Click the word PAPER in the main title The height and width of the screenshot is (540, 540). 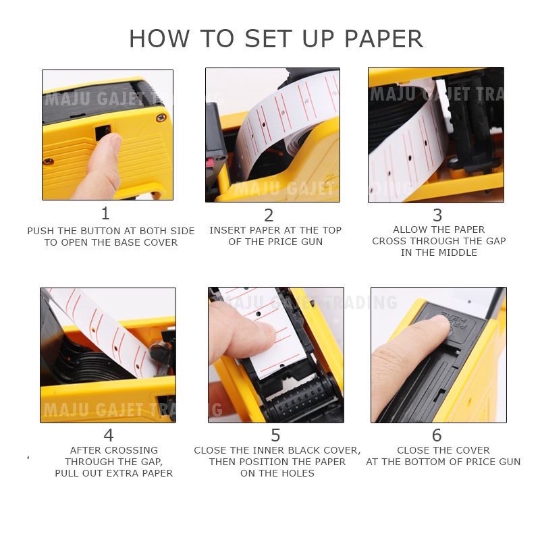(x=383, y=38)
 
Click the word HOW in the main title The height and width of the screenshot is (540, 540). (x=159, y=38)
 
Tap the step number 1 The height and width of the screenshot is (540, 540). (x=105, y=213)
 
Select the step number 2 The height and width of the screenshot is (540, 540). (x=269, y=215)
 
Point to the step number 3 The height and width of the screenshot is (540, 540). (x=437, y=215)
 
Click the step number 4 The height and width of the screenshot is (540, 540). (x=109, y=435)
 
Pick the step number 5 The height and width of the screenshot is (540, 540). (x=275, y=435)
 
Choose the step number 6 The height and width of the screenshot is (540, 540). (x=437, y=435)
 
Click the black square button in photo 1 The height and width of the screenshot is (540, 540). (x=103, y=132)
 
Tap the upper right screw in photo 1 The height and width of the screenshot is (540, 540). (x=161, y=117)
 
